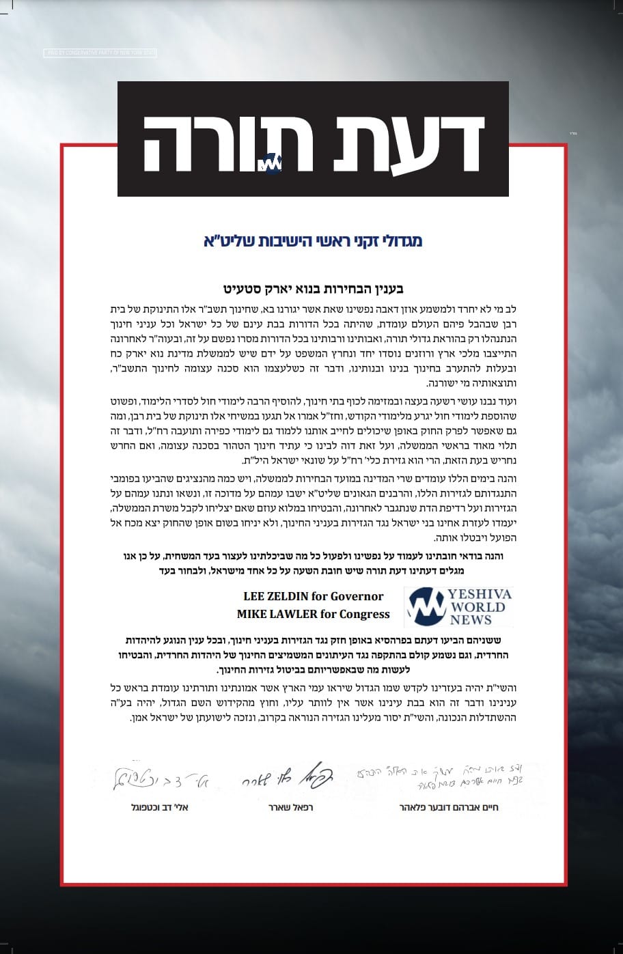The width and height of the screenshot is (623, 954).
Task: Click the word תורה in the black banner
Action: tap(229, 143)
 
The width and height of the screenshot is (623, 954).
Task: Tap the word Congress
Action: tap(363, 614)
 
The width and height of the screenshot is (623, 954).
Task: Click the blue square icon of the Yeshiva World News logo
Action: tap(427, 607)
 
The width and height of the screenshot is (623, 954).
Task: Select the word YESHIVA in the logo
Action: tap(480, 595)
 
